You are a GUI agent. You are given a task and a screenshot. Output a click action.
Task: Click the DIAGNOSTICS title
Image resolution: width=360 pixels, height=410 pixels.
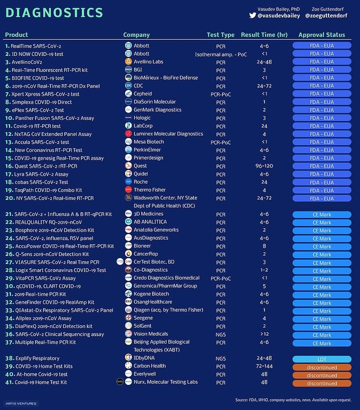point(54,12)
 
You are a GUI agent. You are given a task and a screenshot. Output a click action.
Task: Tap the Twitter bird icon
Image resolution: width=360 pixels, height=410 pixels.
point(253,15)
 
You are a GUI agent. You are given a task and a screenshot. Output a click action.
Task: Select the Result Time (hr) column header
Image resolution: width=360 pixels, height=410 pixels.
point(265,35)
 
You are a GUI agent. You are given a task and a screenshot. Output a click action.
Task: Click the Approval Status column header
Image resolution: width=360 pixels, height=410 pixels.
point(322,35)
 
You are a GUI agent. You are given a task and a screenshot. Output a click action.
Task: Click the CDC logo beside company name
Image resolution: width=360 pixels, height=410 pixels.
point(128,86)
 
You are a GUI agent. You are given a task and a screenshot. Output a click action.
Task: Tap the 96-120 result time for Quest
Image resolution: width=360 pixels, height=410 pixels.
point(265,166)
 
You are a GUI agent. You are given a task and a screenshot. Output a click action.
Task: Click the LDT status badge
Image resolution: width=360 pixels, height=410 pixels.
point(322,359)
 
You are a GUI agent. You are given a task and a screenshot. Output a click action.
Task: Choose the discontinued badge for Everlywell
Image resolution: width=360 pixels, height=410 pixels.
point(322,375)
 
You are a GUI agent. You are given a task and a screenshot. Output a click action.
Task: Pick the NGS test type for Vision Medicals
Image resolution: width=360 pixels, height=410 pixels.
point(220,334)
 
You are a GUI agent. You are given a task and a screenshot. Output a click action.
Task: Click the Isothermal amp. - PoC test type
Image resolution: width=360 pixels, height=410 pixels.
point(220,54)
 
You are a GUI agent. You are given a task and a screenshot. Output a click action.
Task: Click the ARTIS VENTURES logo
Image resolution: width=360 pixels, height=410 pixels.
point(21,403)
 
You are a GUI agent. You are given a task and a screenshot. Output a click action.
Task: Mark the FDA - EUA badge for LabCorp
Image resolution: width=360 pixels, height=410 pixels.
point(322,126)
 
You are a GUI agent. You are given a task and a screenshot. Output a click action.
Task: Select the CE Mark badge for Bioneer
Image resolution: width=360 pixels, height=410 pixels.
point(322,246)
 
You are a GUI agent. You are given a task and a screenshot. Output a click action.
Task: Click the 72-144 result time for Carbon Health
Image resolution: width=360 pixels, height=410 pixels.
point(265,367)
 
